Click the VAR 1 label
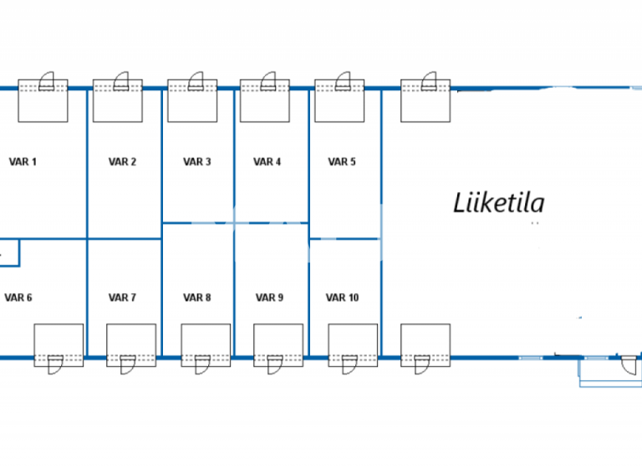pyautogui.click(x=23, y=162)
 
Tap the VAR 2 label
pyautogui.click(x=122, y=162)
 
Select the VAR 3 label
pyautogui.click(x=197, y=162)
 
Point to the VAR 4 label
pyautogui.click(x=267, y=162)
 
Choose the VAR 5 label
pyautogui.click(x=341, y=162)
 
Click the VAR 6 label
pyautogui.click(x=18, y=298)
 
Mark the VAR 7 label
pyautogui.click(x=122, y=298)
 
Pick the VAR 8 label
pyautogui.click(x=197, y=298)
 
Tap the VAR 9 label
pyautogui.click(x=269, y=298)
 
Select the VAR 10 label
pyautogui.click(x=342, y=298)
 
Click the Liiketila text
pyautogui.click(x=499, y=203)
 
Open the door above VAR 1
pyautogui.click(x=47, y=81)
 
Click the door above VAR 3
pyautogui.click(x=197, y=81)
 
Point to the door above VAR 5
pyautogui.click(x=344, y=81)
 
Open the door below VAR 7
pyautogui.click(x=127, y=364)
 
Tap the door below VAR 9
pyautogui.click(x=274, y=364)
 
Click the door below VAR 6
pyautogui.click(x=54, y=364)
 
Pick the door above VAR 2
pyautogui.click(x=122, y=81)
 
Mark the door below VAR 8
pyautogui.click(x=201, y=364)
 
